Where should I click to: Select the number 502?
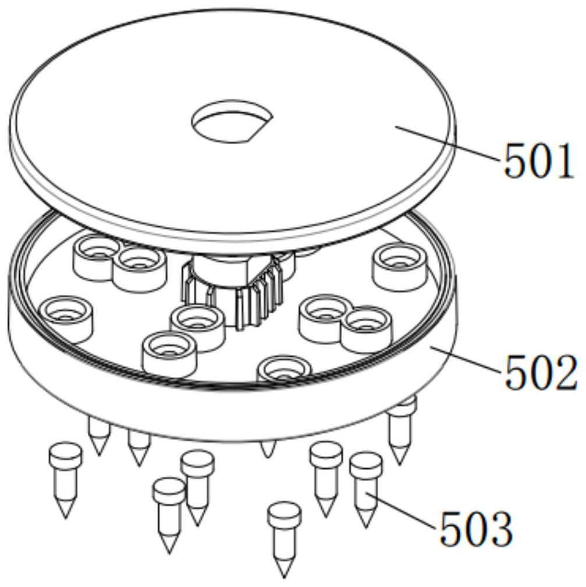540,372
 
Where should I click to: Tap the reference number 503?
476,529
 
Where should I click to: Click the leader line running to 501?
448,144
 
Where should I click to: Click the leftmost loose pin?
66,480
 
